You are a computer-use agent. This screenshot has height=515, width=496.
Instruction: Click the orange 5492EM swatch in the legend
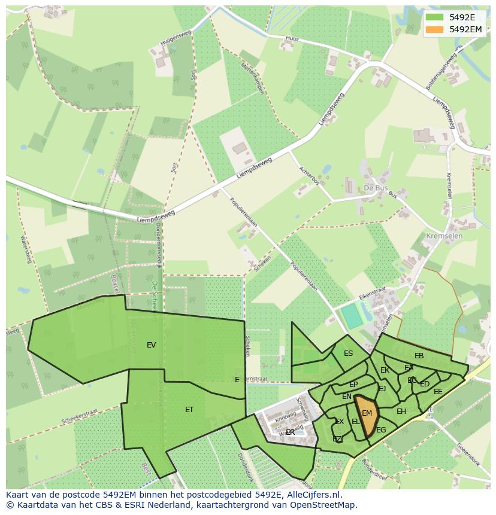tap(435, 29)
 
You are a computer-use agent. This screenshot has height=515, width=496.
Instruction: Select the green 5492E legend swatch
tap(435, 17)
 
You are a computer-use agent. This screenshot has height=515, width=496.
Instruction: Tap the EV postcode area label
tap(151, 345)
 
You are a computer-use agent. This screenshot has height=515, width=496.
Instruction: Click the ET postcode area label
tap(189, 410)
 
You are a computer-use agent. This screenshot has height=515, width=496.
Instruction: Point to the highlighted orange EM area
tap(367, 413)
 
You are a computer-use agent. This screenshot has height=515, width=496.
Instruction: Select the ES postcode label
tap(348, 354)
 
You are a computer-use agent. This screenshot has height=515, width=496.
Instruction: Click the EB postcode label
tap(419, 356)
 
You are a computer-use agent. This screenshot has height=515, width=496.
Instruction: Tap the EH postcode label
tap(401, 412)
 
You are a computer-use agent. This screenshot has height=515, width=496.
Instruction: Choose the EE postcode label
tap(438, 392)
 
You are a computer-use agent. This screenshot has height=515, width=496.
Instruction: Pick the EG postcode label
tap(381, 430)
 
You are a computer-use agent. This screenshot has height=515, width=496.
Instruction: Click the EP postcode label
tap(353, 385)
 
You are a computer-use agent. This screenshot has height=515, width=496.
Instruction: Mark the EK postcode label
tap(385, 370)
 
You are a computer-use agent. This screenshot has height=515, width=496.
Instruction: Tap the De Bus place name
tap(376, 188)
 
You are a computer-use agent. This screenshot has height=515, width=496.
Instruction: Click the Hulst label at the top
tap(292, 38)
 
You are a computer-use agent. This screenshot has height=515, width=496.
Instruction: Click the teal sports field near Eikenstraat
tap(352, 316)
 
